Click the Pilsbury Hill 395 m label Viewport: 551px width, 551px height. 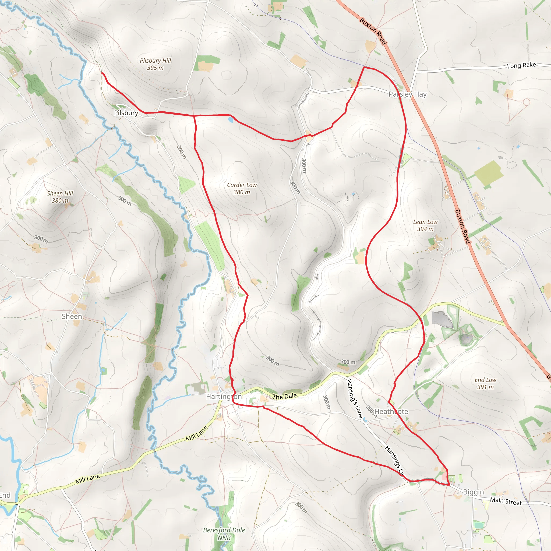pos(155,64)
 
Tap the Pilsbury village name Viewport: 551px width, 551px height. pos(126,113)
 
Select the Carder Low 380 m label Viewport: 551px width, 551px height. pos(242,189)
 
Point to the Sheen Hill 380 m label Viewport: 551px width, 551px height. pos(60,197)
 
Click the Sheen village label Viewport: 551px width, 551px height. pos(72,317)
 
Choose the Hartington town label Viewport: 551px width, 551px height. pos(224,397)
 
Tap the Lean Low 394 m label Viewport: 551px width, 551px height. pos(425,225)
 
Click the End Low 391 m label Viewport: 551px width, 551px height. pos(485,383)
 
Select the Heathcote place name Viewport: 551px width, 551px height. pos(391,412)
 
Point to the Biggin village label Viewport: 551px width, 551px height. pos(474,492)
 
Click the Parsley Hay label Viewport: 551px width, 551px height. pos(408,94)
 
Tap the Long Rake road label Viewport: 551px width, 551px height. pos(521,65)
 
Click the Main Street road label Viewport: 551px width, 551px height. pos(506,501)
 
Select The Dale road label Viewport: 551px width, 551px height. pos(285,396)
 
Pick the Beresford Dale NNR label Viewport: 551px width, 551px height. pos(224,534)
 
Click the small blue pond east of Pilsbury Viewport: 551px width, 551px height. pos(231,120)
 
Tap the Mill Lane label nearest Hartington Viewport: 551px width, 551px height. pos(196,433)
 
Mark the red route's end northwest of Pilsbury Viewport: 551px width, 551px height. pos(102,73)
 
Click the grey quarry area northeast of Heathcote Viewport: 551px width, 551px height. pos(442,320)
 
